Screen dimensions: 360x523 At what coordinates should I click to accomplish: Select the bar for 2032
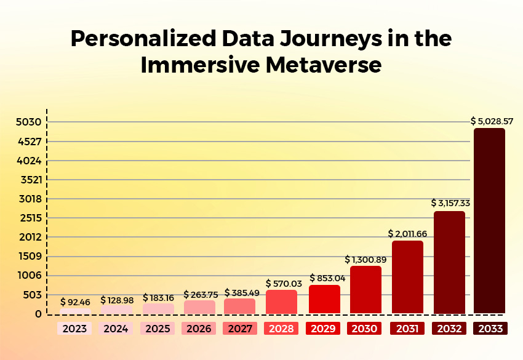(x=449, y=262)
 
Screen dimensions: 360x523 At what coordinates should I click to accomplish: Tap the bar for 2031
(x=407, y=277)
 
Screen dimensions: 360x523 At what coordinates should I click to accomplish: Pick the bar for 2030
(x=365, y=289)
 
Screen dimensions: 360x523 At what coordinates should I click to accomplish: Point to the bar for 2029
(x=324, y=299)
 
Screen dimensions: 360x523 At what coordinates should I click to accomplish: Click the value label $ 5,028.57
(x=492, y=121)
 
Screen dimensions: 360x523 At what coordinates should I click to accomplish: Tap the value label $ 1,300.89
(x=366, y=259)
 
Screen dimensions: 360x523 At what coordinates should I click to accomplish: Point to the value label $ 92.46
(x=75, y=302)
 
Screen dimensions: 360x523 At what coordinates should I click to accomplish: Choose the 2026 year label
(x=199, y=329)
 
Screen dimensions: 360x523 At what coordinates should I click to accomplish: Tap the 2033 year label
(x=490, y=329)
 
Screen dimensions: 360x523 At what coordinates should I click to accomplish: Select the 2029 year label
(x=324, y=329)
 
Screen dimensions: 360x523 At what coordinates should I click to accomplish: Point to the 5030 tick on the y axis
(x=28, y=122)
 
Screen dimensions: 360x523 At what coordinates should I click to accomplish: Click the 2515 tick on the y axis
(x=28, y=218)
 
